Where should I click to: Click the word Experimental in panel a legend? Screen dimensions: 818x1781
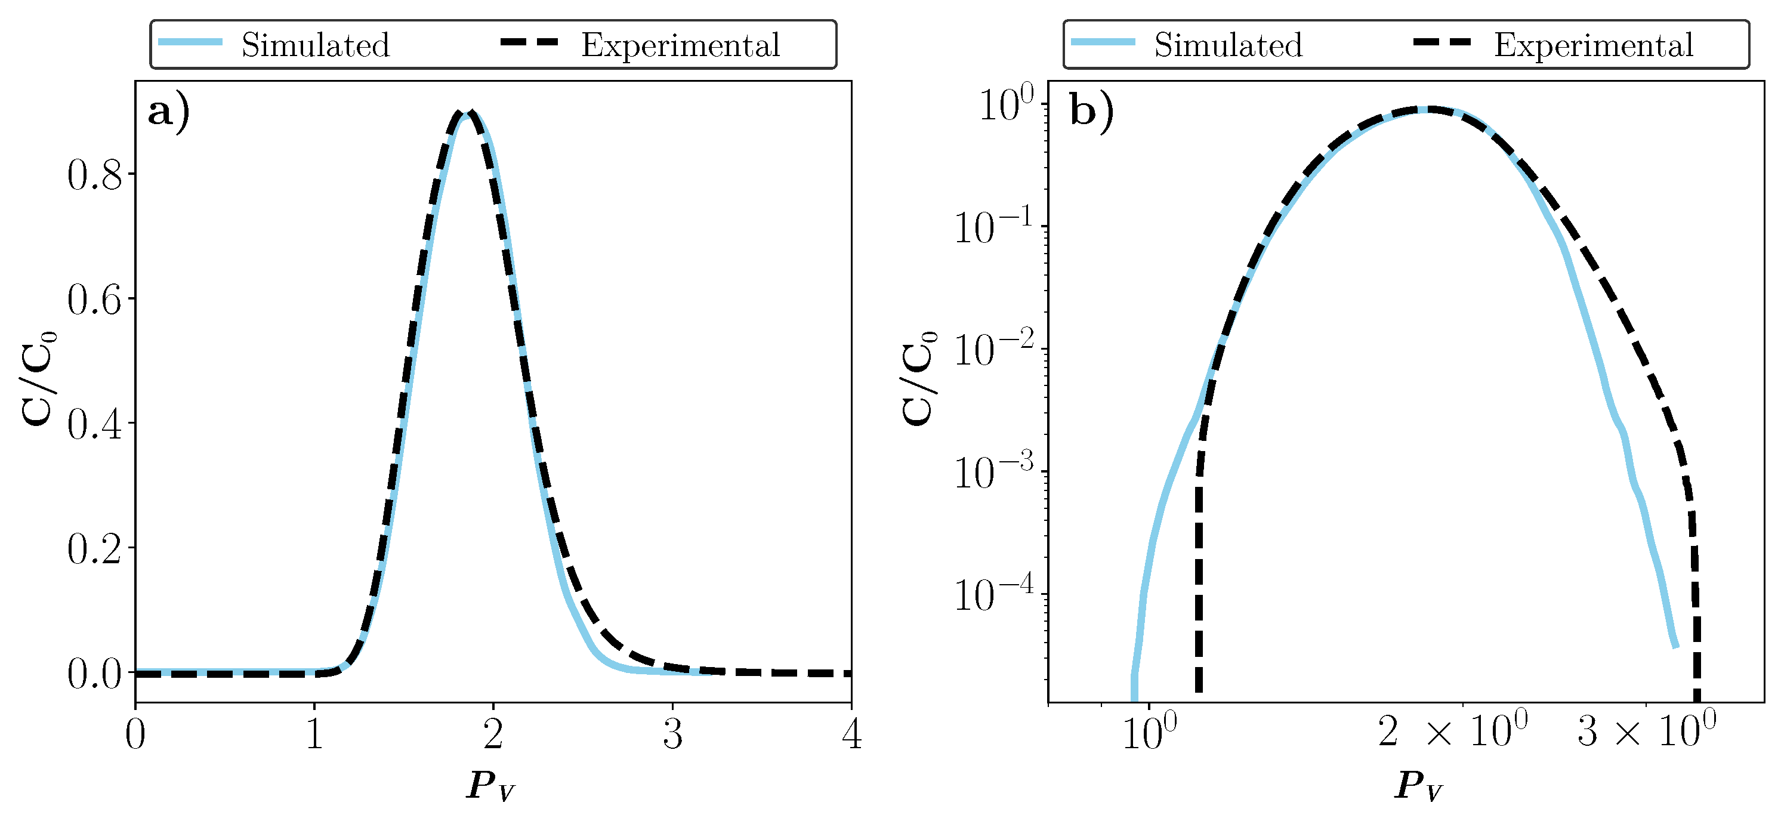680,45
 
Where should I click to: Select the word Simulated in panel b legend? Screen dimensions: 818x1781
1228,45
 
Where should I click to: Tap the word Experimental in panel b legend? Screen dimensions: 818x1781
1593,45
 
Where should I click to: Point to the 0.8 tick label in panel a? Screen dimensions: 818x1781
95,175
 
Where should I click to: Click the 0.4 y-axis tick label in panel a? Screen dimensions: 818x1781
95,424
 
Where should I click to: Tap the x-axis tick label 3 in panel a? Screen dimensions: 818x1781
672,734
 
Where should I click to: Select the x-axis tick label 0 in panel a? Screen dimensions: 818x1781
135,734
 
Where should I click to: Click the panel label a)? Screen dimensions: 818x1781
168,112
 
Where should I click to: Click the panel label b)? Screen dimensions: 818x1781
1091,112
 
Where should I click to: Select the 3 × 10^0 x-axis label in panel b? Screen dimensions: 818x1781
1646,731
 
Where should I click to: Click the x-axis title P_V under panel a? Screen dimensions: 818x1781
490,786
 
